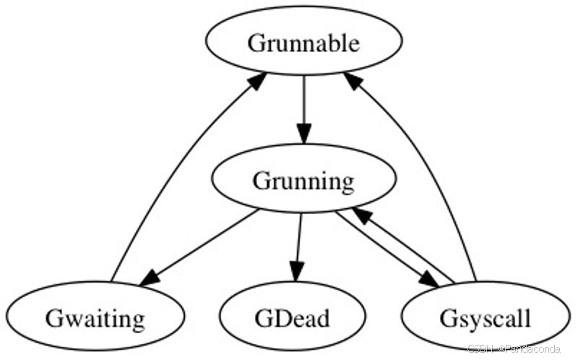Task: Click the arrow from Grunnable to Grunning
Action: (x=303, y=108)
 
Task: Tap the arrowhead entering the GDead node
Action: (x=296, y=273)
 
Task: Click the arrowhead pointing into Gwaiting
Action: (x=150, y=277)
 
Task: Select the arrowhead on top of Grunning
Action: (x=303, y=134)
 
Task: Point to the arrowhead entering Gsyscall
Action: (x=429, y=279)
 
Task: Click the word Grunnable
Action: (x=303, y=43)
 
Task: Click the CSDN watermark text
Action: (x=514, y=349)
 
